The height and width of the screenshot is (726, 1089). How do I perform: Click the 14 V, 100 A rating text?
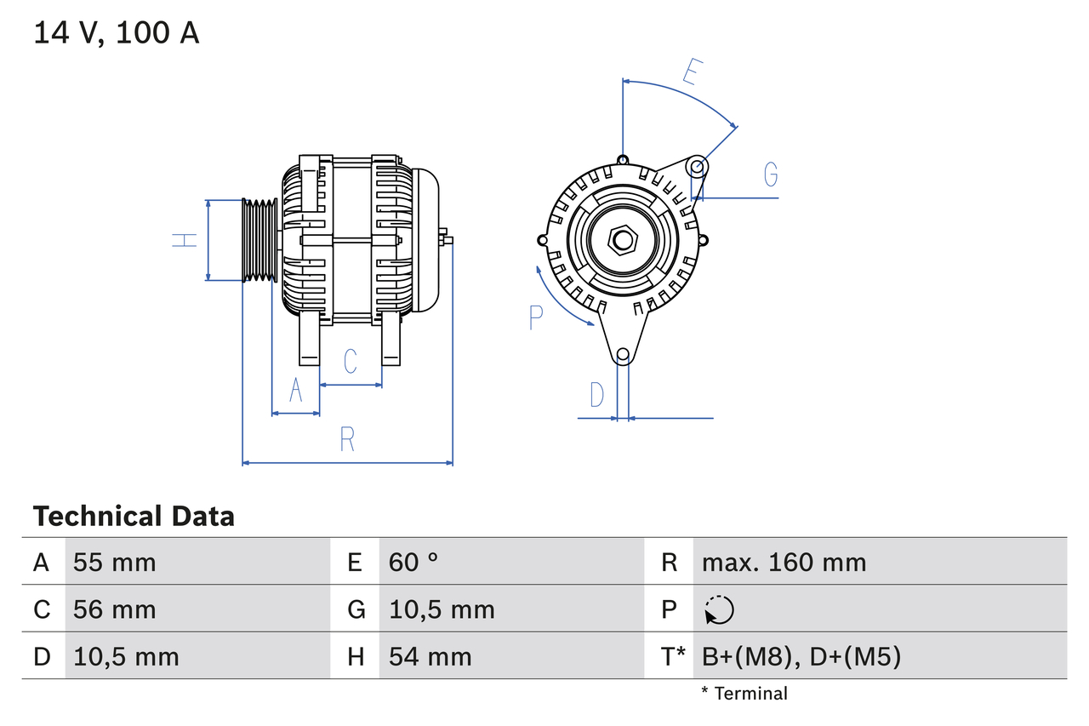point(117,33)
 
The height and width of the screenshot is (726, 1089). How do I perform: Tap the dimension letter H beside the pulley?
point(185,240)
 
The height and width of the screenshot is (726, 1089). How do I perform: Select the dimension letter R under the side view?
point(346,439)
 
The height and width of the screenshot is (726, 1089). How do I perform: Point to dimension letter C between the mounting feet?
point(350,362)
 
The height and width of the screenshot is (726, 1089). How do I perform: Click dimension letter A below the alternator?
point(295,390)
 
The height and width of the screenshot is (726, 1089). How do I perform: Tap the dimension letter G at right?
point(770,174)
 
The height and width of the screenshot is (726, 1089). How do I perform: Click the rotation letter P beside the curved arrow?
point(535,317)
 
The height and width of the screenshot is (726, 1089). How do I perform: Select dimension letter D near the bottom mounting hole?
point(597,395)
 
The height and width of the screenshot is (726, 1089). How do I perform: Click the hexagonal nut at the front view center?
point(623,240)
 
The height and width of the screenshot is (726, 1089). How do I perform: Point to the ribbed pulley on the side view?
point(260,240)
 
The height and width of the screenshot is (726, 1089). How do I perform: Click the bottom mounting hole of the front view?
point(623,354)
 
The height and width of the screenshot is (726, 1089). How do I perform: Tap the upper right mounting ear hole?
point(697,166)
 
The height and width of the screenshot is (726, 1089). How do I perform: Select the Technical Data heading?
point(134,517)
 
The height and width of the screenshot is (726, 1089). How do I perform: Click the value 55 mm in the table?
point(115,562)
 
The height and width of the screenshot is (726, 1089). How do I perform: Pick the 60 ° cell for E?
point(413,562)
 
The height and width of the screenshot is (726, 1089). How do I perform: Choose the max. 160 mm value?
point(784,562)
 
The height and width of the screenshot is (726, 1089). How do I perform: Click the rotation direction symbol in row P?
point(719,609)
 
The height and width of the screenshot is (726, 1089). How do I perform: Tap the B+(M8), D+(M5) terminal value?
point(801,656)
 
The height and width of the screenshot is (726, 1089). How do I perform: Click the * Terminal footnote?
point(744,694)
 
